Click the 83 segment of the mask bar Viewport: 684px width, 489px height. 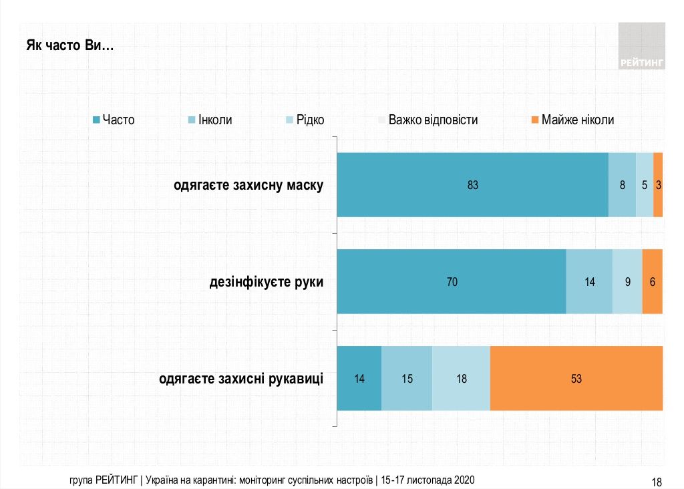[473, 185]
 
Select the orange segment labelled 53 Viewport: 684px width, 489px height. [576, 379]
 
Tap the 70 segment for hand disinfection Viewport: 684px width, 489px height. [452, 282]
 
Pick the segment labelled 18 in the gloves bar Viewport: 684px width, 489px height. [461, 379]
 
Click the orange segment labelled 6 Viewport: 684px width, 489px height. [652, 282]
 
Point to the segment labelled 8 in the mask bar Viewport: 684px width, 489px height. [622, 185]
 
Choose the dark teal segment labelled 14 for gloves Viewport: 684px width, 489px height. [359, 379]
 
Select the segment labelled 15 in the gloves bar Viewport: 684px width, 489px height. [407, 379]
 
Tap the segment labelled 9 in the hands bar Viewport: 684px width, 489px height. [627, 282]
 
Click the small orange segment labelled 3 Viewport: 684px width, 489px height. [658, 185]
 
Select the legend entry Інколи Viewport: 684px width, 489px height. [210, 120]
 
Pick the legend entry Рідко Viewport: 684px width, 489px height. [305, 120]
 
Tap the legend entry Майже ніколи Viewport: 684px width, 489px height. [572, 120]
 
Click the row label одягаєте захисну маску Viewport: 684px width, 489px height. [248, 185]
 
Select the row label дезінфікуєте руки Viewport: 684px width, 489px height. [267, 282]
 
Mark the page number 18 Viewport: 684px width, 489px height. [656, 482]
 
